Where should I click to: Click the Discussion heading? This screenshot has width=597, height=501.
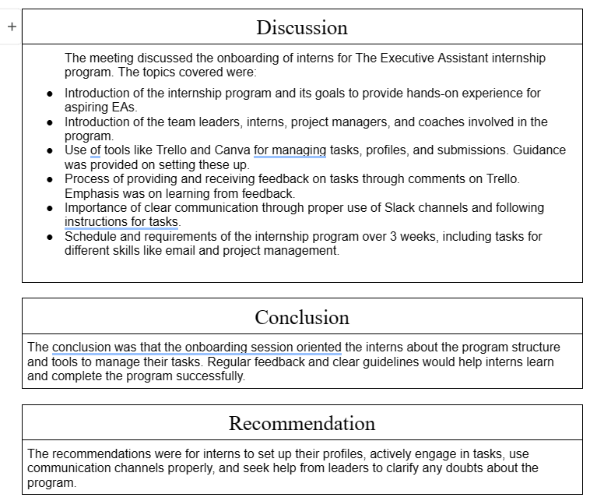[301, 28]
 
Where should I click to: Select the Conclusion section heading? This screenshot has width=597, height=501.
[302, 318]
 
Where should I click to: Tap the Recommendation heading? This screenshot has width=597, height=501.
[302, 424]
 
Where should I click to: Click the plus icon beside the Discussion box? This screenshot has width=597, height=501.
[12, 27]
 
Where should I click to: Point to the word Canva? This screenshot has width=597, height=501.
[233, 150]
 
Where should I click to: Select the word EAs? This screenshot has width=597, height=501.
[122, 108]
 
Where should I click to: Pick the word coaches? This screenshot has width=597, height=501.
[442, 122]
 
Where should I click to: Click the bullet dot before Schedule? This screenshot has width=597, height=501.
[50, 237]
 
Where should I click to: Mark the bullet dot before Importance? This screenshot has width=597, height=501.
[50, 209]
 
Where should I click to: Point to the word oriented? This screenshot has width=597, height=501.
[316, 348]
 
